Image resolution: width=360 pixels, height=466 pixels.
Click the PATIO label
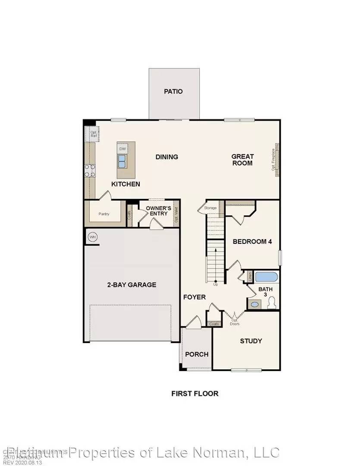pos(173,91)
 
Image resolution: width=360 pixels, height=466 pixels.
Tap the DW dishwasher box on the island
pos(122,149)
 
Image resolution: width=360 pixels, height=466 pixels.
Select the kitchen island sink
pos(122,162)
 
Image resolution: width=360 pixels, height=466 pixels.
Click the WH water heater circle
pos(92,237)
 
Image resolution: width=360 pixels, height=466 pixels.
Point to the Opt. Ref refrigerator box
pos(94,134)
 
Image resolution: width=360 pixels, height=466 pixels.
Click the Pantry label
pos(103,214)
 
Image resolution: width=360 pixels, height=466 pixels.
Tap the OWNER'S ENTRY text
pos(158,211)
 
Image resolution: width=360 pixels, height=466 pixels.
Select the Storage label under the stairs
pos(210,208)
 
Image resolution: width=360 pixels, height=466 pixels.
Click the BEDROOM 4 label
pos(252,242)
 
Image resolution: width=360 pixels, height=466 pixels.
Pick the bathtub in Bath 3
pos(267,277)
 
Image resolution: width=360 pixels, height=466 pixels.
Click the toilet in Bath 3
pos(272,304)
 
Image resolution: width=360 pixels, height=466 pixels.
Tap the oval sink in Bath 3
pos(255,304)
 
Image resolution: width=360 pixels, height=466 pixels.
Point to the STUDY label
pos(251,341)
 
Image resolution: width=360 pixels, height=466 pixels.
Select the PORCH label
pos(197,354)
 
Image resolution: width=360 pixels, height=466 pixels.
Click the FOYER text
pos(194,297)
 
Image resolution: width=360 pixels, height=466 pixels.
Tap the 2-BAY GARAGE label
pos(131,285)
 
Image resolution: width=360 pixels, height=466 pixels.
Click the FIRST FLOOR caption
pos(195,394)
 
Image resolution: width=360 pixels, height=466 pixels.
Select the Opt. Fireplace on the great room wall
pos(274,160)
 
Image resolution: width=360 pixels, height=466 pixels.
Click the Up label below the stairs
pos(216,284)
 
